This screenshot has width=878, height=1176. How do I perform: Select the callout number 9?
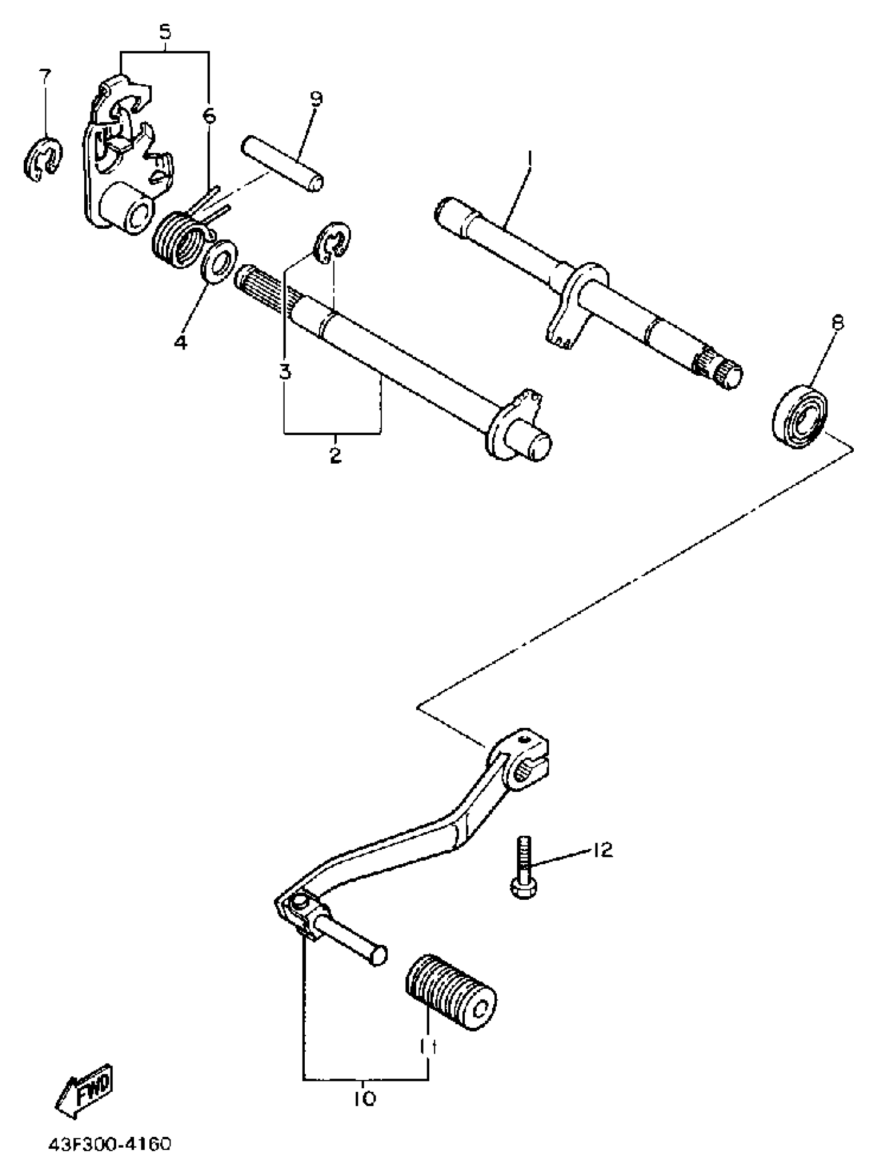pos(316,99)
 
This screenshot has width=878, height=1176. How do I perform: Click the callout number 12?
pos(602,850)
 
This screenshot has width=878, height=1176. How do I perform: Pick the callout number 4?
pos(181,342)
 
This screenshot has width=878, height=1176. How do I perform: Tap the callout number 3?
pos(286,371)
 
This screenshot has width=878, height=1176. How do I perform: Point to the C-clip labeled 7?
pos(43,159)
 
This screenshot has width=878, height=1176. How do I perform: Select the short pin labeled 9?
pos(282,165)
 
